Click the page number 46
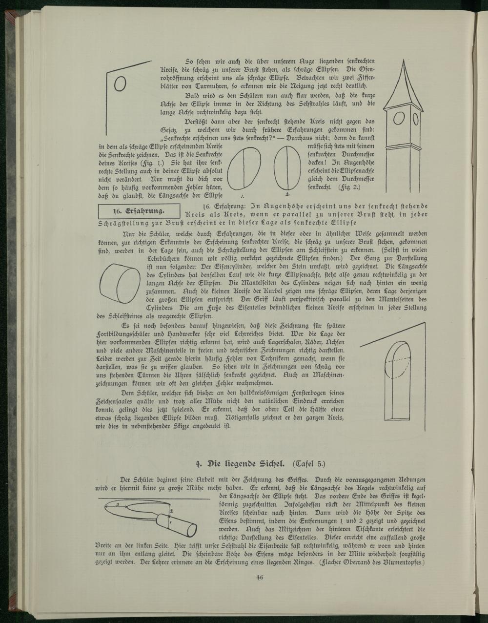(259, 577)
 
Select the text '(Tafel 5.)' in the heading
(308, 462)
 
